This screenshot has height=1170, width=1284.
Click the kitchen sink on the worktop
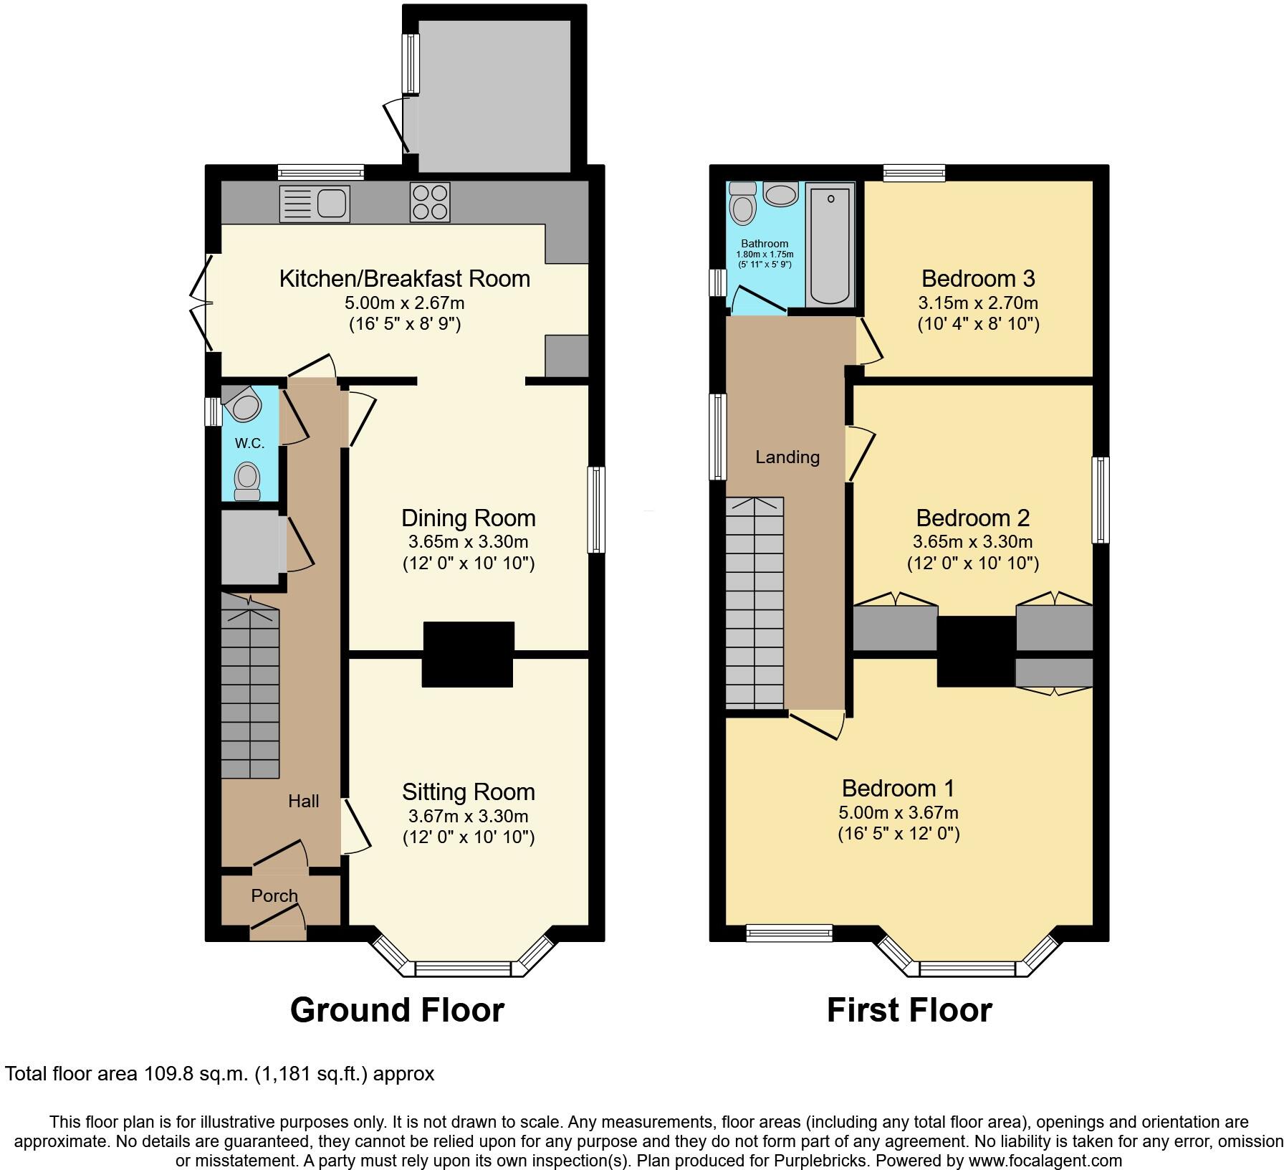315,203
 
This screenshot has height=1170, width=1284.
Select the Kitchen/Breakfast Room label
404,278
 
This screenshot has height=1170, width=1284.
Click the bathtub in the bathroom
830,244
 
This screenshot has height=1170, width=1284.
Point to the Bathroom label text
765,244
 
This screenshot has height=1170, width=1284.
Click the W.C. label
249,443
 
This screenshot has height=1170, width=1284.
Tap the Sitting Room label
468,791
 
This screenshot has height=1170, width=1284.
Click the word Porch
274,895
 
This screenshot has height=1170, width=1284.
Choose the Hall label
303,801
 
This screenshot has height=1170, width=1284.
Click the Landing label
787,457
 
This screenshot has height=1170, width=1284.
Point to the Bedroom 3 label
978,278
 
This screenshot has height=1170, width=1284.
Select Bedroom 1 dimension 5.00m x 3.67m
898,812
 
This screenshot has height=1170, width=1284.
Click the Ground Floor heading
397,1009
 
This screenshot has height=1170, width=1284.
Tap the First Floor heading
909,1009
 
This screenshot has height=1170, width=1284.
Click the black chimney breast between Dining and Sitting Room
468,654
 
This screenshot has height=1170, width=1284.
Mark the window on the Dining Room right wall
595,510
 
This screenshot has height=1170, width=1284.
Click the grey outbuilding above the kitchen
494,95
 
